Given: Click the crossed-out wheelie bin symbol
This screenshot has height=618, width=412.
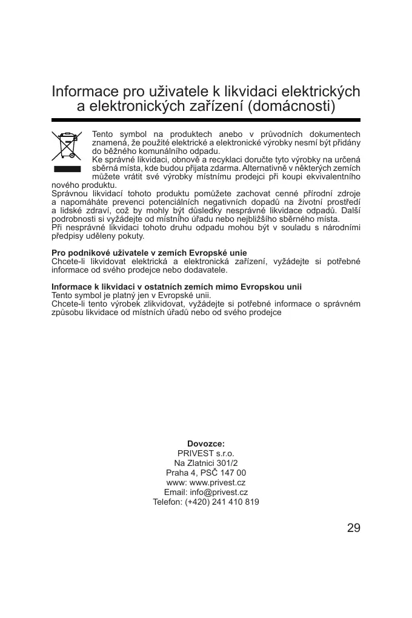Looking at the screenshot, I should [x=67, y=146].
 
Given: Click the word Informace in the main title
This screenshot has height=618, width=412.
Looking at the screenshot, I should [x=85, y=91].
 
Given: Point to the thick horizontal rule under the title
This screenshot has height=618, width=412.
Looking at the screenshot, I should [x=206, y=120].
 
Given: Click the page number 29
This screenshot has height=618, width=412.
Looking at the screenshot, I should [x=354, y=528].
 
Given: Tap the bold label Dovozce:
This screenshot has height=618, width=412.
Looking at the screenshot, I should [x=206, y=444].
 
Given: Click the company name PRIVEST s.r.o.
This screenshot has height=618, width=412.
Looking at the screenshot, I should [x=206, y=453].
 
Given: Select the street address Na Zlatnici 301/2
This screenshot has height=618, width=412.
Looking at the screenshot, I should [x=206, y=463].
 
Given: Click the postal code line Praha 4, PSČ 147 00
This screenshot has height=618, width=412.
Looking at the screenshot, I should [x=206, y=473].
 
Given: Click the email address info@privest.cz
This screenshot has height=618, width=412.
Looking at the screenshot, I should [x=219, y=492].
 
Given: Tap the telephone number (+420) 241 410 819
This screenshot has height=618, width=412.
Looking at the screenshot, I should [x=222, y=502].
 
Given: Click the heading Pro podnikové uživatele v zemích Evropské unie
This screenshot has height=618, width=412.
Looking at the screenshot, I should [x=149, y=253].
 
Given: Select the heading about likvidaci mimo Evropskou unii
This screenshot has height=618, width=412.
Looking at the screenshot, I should [x=176, y=287].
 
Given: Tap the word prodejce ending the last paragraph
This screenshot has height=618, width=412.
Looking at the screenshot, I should [x=264, y=312].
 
